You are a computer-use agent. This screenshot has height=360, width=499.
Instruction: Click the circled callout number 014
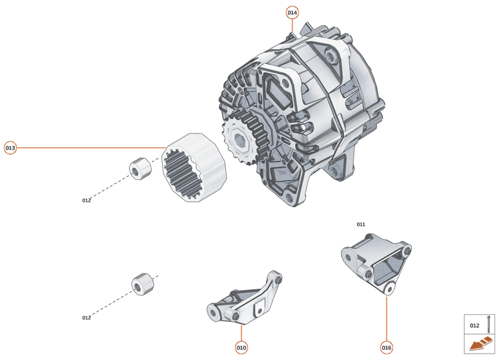click(x=292, y=12)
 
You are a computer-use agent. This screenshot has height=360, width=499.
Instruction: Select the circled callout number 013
click(x=10, y=148)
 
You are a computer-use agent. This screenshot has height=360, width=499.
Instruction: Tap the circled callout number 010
click(x=241, y=347)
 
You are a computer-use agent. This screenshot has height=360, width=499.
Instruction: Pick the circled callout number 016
click(x=386, y=347)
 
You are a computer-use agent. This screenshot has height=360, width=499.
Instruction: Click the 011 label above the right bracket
click(x=361, y=225)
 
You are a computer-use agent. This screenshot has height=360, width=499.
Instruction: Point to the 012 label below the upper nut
click(x=87, y=201)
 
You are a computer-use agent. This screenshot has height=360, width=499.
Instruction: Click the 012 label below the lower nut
click(x=87, y=318)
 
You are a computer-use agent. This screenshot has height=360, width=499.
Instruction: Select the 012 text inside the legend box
click(x=474, y=326)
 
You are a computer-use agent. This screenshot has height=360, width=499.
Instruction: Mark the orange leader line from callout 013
click(x=90, y=148)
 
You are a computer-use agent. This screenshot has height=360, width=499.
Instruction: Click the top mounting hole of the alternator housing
click(x=332, y=58)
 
